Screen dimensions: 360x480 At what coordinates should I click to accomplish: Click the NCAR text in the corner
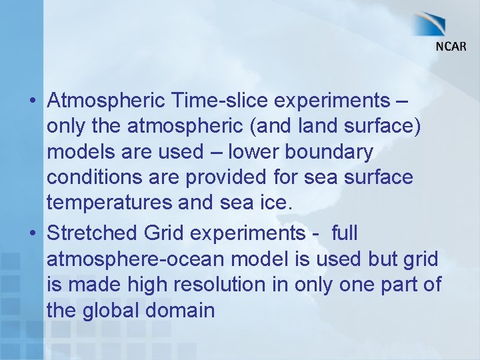click(451, 46)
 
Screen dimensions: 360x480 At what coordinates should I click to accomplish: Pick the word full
click(344, 234)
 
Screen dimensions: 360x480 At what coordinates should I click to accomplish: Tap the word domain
click(181, 311)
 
